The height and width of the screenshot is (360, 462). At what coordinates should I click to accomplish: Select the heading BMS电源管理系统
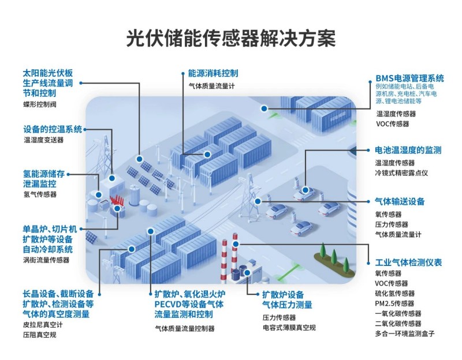pyautogui.click(x=409, y=78)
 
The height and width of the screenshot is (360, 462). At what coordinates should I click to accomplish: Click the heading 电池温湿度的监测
pyautogui.click(x=408, y=151)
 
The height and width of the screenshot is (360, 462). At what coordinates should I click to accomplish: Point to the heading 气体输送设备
pyautogui.click(x=400, y=201)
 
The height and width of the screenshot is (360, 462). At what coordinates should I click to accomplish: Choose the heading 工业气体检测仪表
pyautogui.click(x=408, y=262)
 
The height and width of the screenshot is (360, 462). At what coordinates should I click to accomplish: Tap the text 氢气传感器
pyautogui.click(x=40, y=194)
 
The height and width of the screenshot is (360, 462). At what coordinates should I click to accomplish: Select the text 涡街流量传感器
pyautogui.click(x=46, y=260)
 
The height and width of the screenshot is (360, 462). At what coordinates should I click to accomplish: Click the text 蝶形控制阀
pyautogui.click(x=40, y=106)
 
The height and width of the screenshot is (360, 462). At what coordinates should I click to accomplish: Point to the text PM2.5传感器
pyautogui.click(x=395, y=303)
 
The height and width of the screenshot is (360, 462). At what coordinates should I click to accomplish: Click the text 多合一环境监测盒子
pyautogui.click(x=404, y=333)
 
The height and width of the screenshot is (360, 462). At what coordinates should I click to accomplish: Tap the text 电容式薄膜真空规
pyautogui.click(x=289, y=327)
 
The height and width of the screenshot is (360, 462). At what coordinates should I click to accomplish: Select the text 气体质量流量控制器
pyautogui.click(x=185, y=328)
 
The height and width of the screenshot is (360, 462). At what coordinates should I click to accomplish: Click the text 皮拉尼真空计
pyautogui.click(x=43, y=325)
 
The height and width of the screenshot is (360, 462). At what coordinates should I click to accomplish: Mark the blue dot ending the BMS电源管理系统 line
pyautogui.click(x=264, y=108)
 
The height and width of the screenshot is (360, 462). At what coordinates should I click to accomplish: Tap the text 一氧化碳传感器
pyautogui.click(x=398, y=313)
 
